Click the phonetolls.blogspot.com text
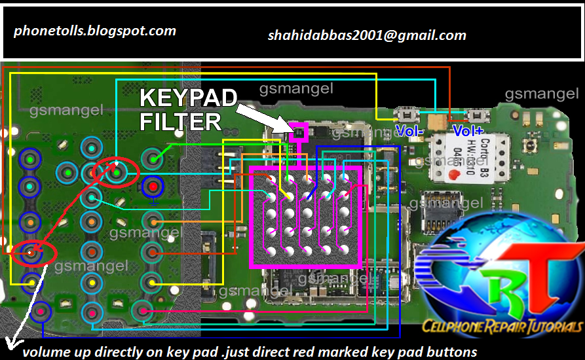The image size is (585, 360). (x=95, y=30)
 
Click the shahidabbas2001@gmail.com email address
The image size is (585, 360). (x=367, y=35)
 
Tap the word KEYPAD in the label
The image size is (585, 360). (x=189, y=99)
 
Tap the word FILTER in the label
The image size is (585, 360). (x=181, y=122)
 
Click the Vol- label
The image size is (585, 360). (x=411, y=130)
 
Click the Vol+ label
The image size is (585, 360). (x=468, y=130)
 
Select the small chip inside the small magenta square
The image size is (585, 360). (x=299, y=133)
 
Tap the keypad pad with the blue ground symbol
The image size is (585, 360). (x=153, y=188)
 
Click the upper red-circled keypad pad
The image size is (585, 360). (x=116, y=172)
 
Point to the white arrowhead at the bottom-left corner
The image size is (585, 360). (x=9, y=344)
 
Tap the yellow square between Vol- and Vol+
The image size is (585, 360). (x=435, y=120)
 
